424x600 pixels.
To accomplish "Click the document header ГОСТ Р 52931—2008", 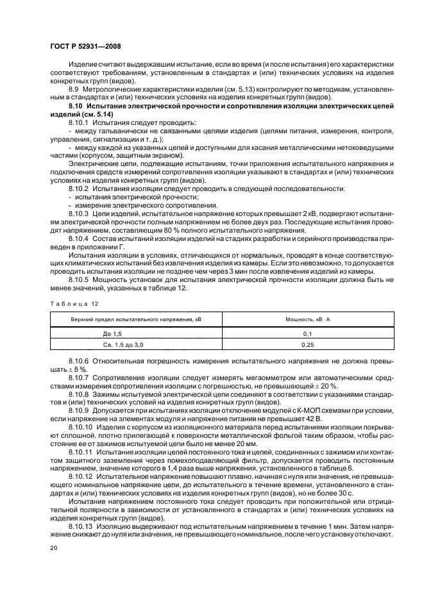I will click(x=85, y=46).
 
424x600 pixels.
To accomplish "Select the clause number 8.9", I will click(x=72, y=89).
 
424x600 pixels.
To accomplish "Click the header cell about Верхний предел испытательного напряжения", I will click(x=135, y=319).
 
